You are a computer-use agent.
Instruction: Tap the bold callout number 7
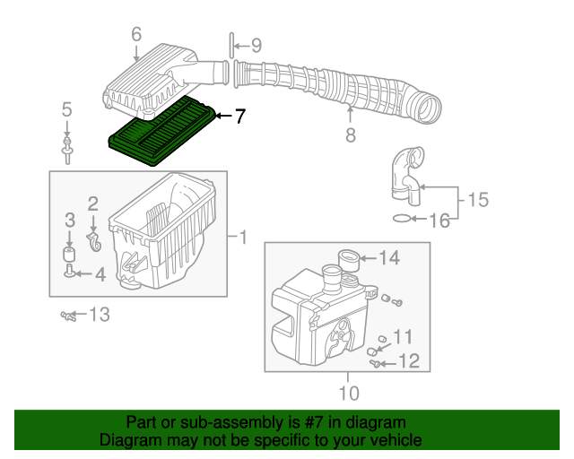[239, 117]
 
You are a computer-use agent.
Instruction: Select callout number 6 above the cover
[136, 35]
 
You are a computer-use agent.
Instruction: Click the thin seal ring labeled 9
[231, 46]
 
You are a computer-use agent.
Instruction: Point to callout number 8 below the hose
[351, 134]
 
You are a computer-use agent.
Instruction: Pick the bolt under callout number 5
[66, 151]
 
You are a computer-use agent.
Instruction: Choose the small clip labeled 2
[94, 241]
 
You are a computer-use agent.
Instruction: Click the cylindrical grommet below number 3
[69, 254]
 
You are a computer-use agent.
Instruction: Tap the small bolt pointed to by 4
[69, 271]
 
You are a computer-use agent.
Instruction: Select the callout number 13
[100, 315]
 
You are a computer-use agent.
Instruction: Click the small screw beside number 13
[68, 316]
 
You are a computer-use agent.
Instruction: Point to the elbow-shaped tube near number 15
[407, 176]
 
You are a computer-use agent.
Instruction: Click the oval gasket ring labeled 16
[402, 219]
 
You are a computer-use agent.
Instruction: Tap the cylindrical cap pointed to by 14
[348, 260]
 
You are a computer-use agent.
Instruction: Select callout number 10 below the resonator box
[349, 394]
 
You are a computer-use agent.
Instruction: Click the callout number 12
[409, 361]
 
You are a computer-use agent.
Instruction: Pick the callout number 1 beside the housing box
[243, 238]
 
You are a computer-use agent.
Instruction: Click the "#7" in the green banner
[314, 422]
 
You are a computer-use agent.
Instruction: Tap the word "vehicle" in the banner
[399, 440]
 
